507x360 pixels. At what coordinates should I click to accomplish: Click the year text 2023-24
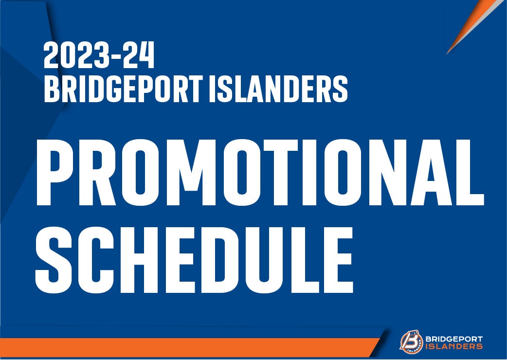99,55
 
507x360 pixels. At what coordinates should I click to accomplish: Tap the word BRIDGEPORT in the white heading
124,89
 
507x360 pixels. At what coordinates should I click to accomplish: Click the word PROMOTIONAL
260,173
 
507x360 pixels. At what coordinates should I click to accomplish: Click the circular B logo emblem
411,342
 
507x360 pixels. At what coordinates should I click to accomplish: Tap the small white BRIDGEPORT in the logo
454,339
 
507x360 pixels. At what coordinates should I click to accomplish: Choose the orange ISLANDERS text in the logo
454,346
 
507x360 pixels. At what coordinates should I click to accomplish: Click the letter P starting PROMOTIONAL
55,173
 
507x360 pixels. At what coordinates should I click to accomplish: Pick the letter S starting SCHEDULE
54,260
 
